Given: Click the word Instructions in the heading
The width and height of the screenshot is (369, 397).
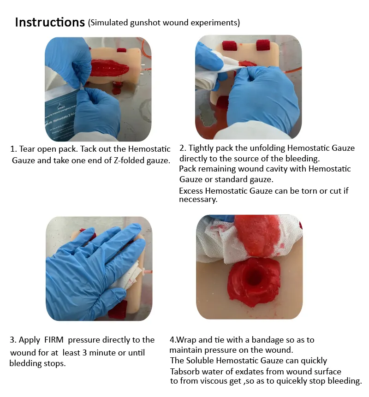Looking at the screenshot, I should pyautogui.click(x=50, y=22).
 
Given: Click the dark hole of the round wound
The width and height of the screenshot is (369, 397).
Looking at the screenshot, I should pyautogui.click(x=254, y=278).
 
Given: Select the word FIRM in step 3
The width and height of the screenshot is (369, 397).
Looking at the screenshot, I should pyautogui.click(x=54, y=340).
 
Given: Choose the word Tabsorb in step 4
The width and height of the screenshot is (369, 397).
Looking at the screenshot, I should pyautogui.click(x=185, y=372).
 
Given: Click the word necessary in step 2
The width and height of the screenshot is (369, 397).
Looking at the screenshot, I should pyautogui.click(x=198, y=200).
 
